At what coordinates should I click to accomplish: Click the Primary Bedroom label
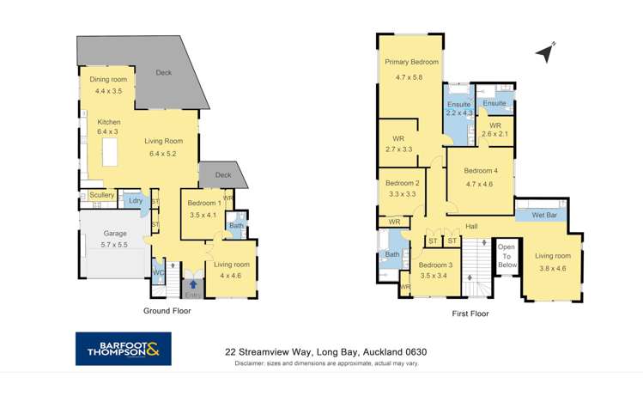point(411,62)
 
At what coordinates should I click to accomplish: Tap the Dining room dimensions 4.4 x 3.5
point(108,90)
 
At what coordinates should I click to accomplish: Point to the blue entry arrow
point(193,284)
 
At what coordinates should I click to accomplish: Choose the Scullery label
point(102,195)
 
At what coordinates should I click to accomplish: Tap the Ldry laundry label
point(134,201)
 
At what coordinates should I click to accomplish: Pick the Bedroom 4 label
point(481,171)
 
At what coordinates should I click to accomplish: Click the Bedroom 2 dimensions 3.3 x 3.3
point(402,195)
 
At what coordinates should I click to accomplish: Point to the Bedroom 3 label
point(437,265)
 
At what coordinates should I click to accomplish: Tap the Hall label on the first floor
point(471,226)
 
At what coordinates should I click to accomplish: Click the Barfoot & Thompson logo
point(123,348)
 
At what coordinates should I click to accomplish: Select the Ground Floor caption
point(167,311)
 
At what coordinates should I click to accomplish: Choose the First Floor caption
point(470,314)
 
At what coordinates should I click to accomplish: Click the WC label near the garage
point(157,273)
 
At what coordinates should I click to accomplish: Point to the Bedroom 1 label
point(204,203)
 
